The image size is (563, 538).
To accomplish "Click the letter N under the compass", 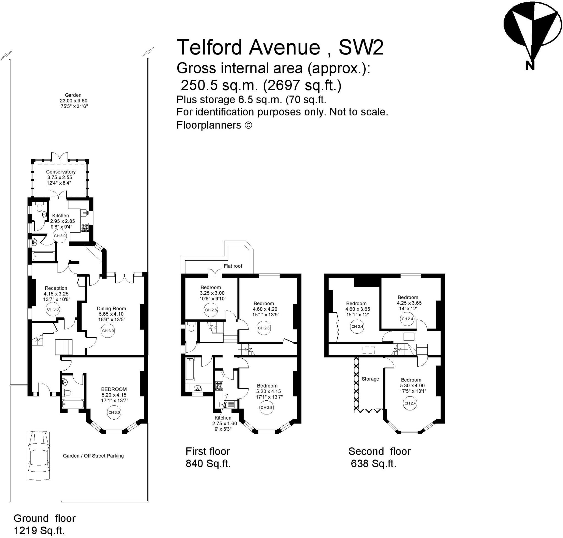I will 530,66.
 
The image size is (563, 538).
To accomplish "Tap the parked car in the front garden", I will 38,455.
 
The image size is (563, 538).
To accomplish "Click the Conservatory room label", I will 60,172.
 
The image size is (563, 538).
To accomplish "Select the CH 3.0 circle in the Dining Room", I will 108,331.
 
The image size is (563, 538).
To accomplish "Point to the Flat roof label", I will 233,266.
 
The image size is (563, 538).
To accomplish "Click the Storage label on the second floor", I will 370,379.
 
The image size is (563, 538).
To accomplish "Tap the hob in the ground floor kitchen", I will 84,227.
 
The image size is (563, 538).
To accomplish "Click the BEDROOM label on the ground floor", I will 114,389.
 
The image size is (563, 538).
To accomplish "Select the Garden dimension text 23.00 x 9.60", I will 73,101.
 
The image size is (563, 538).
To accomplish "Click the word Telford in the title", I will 209,47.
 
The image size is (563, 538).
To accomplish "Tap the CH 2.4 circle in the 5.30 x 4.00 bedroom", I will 410,403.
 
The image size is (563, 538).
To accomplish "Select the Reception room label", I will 56,288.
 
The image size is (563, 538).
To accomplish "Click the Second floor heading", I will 379,451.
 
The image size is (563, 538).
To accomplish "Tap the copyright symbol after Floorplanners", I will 248,125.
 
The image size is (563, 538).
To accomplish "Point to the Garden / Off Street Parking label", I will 93,456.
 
